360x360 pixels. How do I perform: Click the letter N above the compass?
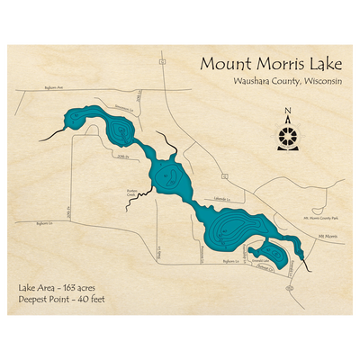tap(287, 113)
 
